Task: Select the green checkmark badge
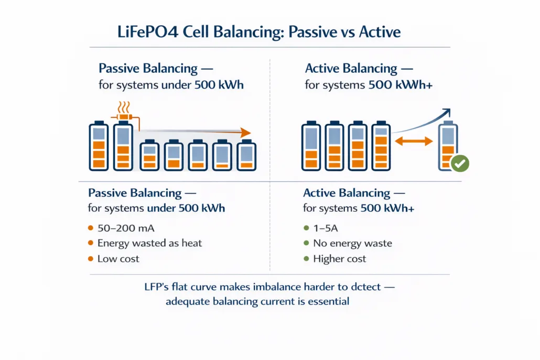point(460,163)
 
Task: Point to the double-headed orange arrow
point(413,140)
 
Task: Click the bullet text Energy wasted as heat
point(149,243)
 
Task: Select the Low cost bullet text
point(118,259)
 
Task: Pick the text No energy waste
point(352,243)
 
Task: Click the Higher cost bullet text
point(340,259)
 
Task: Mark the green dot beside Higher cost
point(306,259)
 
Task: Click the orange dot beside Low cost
point(90,259)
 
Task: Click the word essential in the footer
point(326,301)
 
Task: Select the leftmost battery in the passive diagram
point(98,147)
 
